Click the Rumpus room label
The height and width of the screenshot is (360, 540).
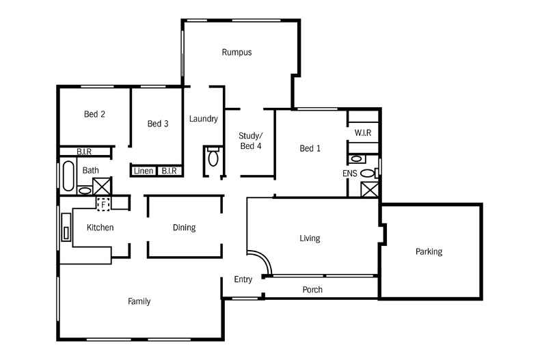[237, 52]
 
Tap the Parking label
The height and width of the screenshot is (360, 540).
[429, 251]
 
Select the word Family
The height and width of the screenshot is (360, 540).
[139, 301]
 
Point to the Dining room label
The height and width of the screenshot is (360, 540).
[184, 227]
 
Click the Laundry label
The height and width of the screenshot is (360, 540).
[203, 119]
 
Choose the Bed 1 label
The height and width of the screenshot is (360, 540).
[310, 148]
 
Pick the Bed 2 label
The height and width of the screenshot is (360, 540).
[94, 114]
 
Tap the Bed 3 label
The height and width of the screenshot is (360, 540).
[158, 124]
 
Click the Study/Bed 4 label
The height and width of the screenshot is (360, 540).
[250, 141]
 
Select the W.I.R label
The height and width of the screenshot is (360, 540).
[363, 133]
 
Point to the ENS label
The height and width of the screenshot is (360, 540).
[350, 174]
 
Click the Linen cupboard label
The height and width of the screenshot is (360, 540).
[144, 171]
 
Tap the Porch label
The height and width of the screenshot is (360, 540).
[312, 290]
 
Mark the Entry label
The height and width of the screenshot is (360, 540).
[243, 279]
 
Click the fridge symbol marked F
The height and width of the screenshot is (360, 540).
[104, 203]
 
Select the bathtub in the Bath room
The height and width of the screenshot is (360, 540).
[67, 176]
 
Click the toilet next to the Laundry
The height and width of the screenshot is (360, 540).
[213, 158]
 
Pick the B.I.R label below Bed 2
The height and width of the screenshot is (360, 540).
[84, 152]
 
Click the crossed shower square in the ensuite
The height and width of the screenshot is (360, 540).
[369, 189]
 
